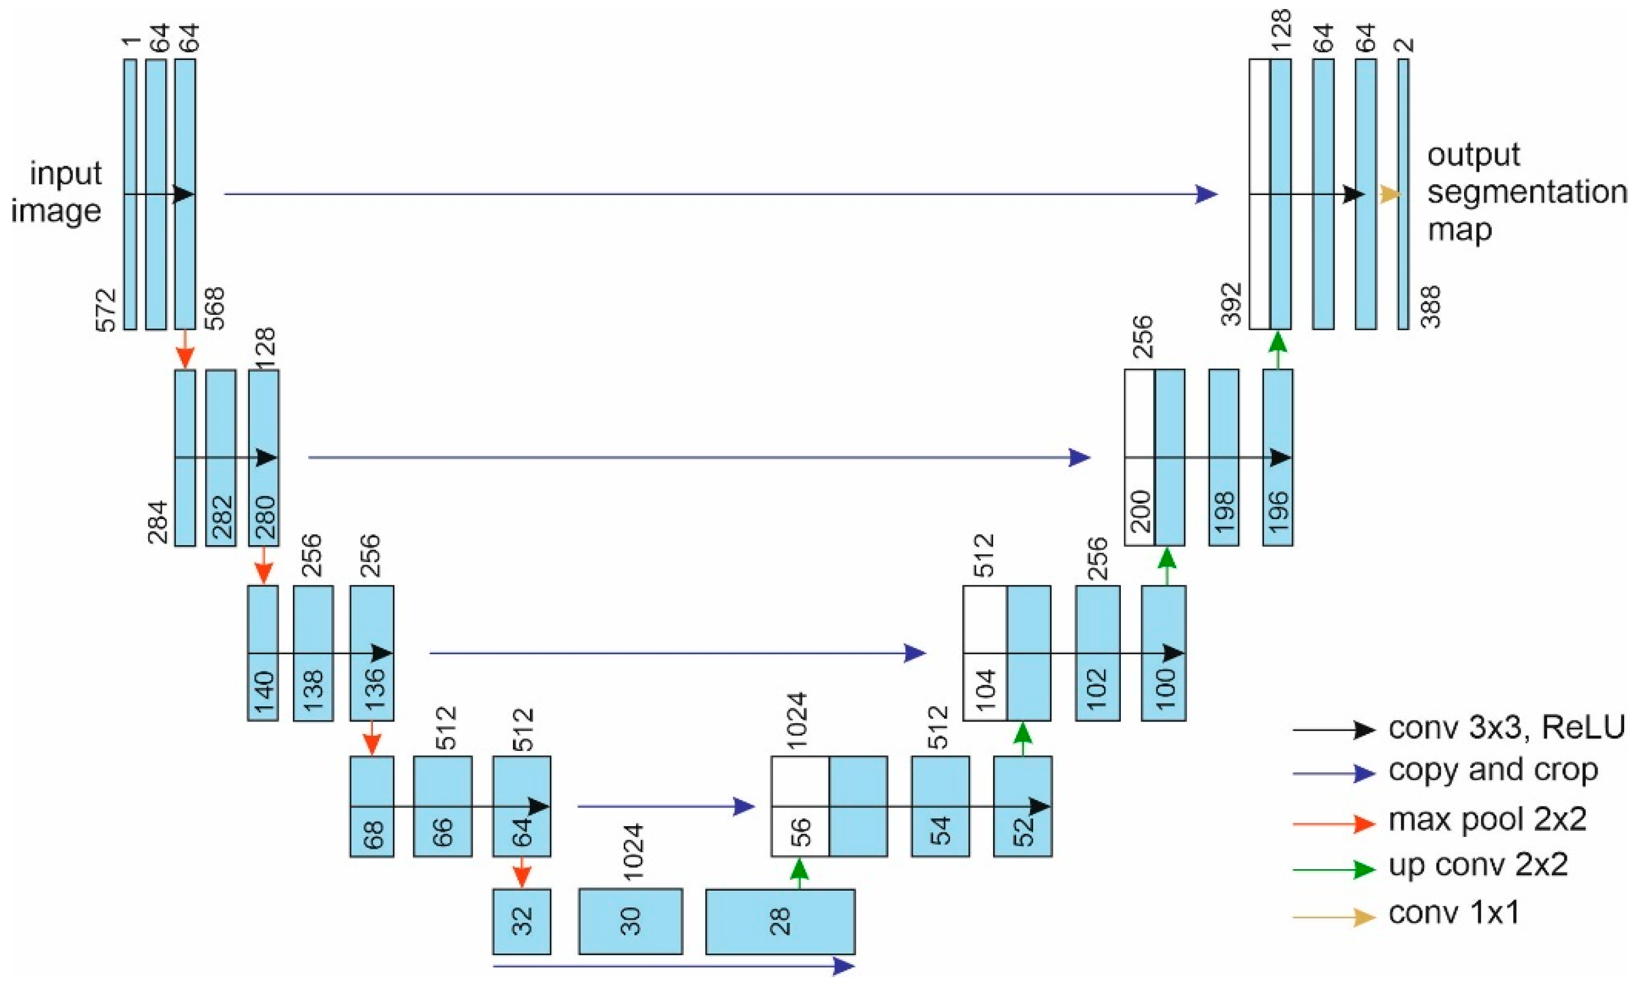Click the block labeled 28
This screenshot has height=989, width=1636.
click(x=780, y=921)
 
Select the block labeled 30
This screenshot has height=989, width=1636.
click(x=630, y=921)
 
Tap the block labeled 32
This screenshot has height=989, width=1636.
click(x=521, y=921)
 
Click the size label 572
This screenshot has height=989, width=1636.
click(x=106, y=309)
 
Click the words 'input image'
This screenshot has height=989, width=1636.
click(x=58, y=192)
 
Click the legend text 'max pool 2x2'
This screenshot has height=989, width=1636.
click(x=1487, y=820)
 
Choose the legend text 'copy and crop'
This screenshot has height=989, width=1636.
click(x=1492, y=771)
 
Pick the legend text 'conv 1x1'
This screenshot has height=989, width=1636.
click(x=1454, y=913)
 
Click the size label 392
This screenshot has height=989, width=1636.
click(x=1232, y=304)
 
